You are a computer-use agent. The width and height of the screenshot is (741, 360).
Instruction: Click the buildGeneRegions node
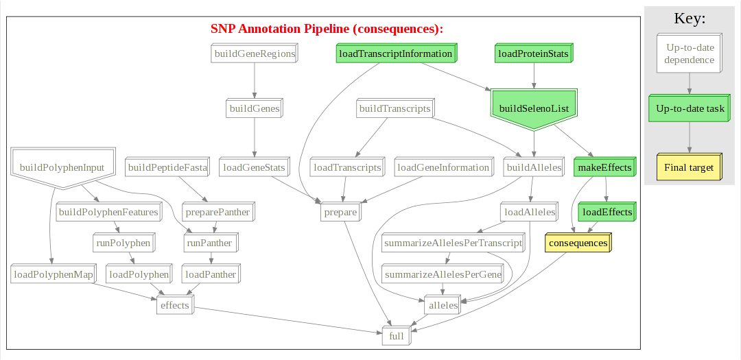(x=255, y=53)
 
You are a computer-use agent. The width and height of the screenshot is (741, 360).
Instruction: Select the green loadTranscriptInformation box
(x=396, y=53)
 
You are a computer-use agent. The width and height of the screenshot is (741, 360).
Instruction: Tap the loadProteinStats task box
(x=533, y=53)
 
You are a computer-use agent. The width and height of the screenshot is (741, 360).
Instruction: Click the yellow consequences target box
(x=578, y=243)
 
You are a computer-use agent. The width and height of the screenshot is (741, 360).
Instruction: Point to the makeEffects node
(x=604, y=167)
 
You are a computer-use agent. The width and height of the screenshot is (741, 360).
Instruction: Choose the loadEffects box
(x=607, y=212)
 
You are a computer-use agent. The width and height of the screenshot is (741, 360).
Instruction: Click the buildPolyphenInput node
(x=62, y=167)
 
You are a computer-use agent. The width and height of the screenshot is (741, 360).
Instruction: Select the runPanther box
(x=209, y=243)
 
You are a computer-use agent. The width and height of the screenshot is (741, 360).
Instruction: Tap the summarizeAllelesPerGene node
(x=443, y=274)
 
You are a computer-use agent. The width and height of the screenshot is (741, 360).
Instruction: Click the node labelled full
(x=397, y=337)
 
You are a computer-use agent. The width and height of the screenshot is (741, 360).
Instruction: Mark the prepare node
(x=340, y=212)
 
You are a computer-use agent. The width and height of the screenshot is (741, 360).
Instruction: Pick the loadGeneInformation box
(x=443, y=167)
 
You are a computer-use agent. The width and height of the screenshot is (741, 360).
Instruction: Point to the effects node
(x=174, y=305)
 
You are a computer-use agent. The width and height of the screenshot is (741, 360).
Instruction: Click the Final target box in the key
(x=688, y=167)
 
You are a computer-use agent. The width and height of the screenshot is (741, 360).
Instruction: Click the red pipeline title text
(x=327, y=29)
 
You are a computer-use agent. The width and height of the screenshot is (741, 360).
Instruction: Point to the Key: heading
(x=690, y=19)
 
